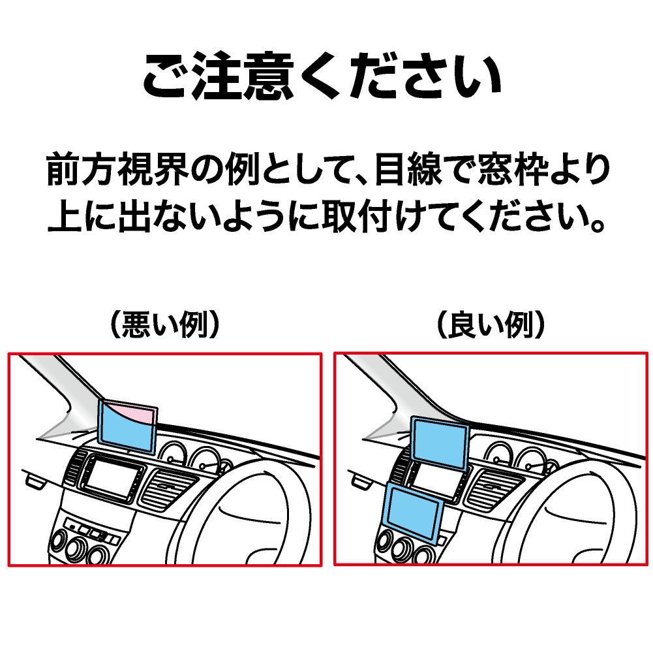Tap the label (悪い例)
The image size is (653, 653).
tap(164, 325)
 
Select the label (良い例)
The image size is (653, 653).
tap(491, 325)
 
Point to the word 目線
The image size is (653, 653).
tap(408, 170)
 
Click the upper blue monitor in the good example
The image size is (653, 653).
tap(440, 443)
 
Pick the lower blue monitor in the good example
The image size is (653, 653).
tap(414, 513)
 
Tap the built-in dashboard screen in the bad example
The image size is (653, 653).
tap(110, 477)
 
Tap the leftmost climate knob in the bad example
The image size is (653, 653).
tap(58, 541)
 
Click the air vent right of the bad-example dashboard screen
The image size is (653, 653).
tap(166, 488)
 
